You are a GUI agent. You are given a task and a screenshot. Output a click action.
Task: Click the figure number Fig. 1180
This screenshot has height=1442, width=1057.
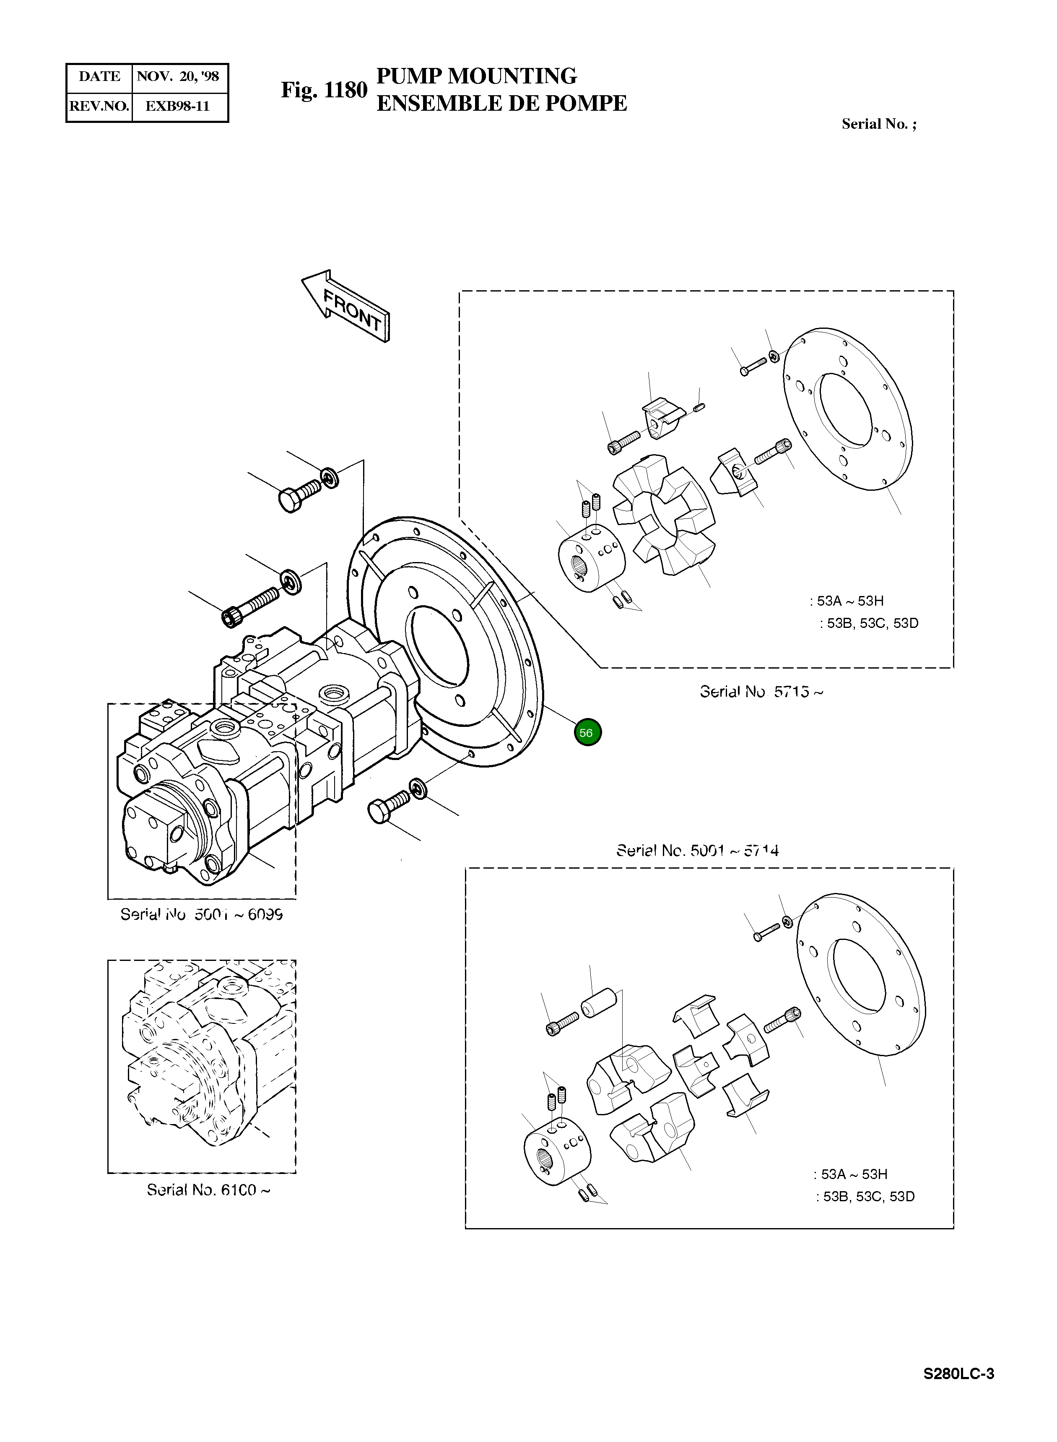click(x=324, y=90)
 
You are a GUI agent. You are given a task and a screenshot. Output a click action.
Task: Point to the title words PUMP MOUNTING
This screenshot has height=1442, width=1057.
click(x=476, y=76)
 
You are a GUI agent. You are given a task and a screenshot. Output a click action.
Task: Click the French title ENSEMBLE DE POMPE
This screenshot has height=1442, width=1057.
click(x=501, y=104)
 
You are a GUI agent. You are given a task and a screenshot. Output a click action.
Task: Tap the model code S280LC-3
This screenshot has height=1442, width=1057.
click(x=958, y=1374)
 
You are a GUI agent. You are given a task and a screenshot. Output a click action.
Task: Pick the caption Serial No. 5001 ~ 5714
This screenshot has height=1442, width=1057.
click(x=697, y=851)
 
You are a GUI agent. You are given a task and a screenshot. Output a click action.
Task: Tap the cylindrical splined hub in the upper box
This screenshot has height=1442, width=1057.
click(x=591, y=557)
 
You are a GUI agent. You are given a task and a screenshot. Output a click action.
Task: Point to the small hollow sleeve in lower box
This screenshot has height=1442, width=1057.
click(x=599, y=1002)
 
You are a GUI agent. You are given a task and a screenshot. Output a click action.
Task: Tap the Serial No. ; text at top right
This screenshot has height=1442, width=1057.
click(x=878, y=124)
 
